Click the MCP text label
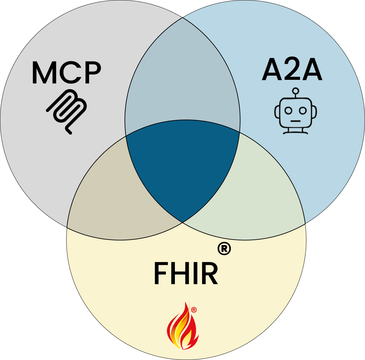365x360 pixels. [66, 73]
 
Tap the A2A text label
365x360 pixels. [292, 70]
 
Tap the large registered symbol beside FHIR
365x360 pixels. [224, 249]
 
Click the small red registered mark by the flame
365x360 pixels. [194, 310]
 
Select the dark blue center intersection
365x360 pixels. [182, 172]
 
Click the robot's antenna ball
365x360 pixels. [295, 90]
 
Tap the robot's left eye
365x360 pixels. [288, 110]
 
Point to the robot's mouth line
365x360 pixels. [295, 121]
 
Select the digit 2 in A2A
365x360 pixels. [292, 70]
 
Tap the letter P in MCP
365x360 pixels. [91, 73]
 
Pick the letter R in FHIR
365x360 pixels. [210, 274]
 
